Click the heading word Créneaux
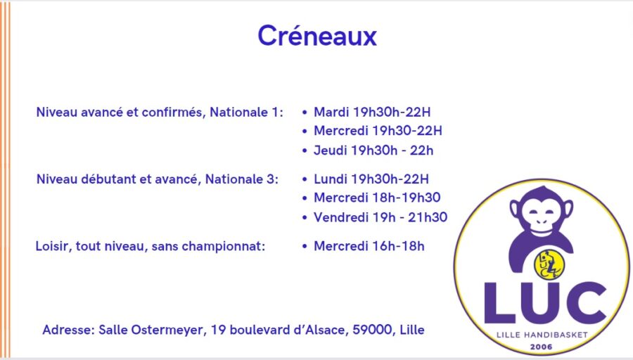(317, 36)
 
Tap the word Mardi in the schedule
(331, 112)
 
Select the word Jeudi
(331, 150)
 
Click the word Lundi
(331, 179)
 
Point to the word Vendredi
(340, 217)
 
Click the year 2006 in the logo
(541, 347)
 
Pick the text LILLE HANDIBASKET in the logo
(542, 335)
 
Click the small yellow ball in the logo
(549, 264)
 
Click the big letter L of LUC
(499, 303)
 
